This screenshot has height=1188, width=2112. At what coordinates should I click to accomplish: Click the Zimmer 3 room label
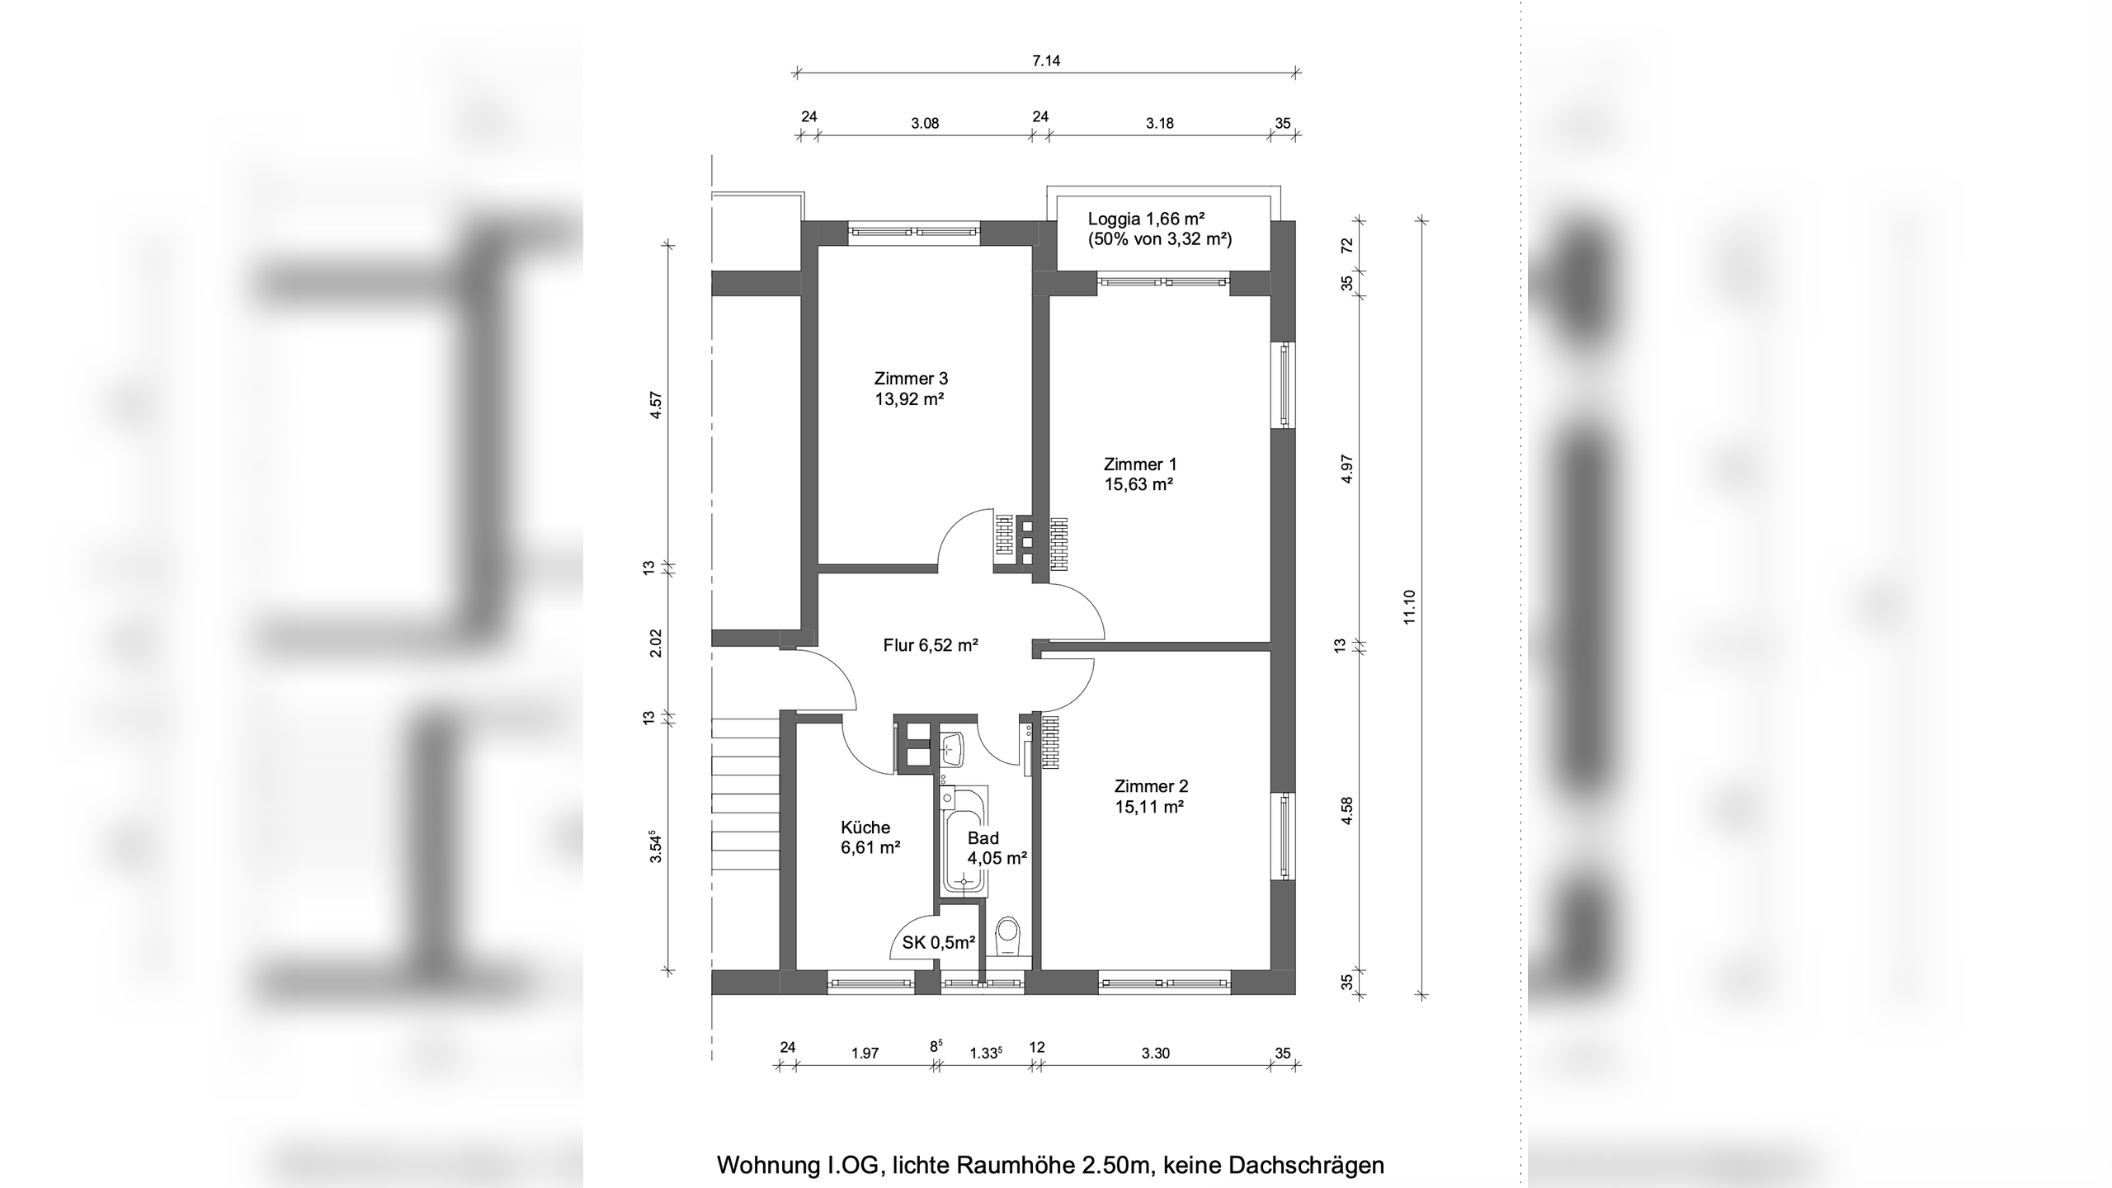[911, 379]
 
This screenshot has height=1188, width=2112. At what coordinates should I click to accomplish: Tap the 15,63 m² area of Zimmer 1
[1139, 484]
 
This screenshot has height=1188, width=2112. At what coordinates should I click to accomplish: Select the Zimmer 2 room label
[1151, 786]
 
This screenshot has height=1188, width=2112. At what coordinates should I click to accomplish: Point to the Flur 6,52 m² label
[931, 645]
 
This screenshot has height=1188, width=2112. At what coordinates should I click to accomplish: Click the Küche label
[865, 827]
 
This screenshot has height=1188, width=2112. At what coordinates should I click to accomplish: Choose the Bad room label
[983, 838]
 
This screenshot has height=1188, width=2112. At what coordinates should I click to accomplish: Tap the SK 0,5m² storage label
[939, 942]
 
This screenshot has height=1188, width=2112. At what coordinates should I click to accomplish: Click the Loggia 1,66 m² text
[1147, 219]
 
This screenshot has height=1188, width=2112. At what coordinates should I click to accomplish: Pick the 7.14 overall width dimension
[1046, 60]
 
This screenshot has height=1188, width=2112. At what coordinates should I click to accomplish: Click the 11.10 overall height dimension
[1409, 606]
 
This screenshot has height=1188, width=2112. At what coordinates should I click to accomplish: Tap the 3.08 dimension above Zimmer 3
[925, 124]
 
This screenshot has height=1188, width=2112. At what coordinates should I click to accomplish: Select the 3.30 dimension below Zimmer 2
[1156, 1053]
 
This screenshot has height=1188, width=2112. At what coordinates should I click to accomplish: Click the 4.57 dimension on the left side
[656, 405]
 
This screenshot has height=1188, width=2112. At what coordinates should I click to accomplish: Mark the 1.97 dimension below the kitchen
[865, 1053]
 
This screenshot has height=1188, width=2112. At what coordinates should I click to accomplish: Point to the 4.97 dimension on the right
[1347, 469]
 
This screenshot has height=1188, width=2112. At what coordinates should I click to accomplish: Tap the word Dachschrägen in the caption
[1307, 1165]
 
